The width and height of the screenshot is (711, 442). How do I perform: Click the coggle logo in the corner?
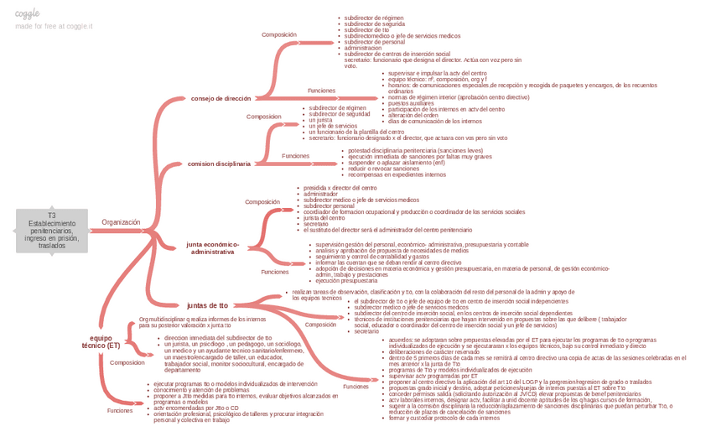pyautogui.click(x=28, y=14)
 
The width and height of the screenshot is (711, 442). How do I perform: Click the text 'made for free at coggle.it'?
pyautogui.click(x=54, y=26)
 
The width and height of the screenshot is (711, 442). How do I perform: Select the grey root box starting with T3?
pyautogui.click(x=51, y=231)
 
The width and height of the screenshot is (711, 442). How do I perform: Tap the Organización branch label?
pyautogui.click(x=121, y=222)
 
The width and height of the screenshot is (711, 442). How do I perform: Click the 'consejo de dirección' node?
pyautogui.click(x=221, y=98)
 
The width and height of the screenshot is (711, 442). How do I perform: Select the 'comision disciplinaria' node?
pyautogui.click(x=219, y=164)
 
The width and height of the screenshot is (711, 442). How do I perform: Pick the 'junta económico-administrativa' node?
pyautogui.click(x=213, y=248)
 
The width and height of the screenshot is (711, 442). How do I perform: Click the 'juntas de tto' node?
pyautogui.click(x=207, y=305)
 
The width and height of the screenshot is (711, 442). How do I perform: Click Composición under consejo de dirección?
pyautogui.click(x=279, y=34)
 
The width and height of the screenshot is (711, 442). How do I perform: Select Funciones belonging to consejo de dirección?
pyautogui.click(x=321, y=90)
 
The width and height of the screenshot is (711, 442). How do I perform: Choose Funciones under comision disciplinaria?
pyautogui.click(x=295, y=156)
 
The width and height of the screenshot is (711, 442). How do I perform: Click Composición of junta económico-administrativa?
pyautogui.click(x=262, y=202)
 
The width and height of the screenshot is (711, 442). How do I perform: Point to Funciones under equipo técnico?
pyautogui.click(x=119, y=410)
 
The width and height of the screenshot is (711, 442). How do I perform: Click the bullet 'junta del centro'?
pyautogui.click(x=324, y=218)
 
